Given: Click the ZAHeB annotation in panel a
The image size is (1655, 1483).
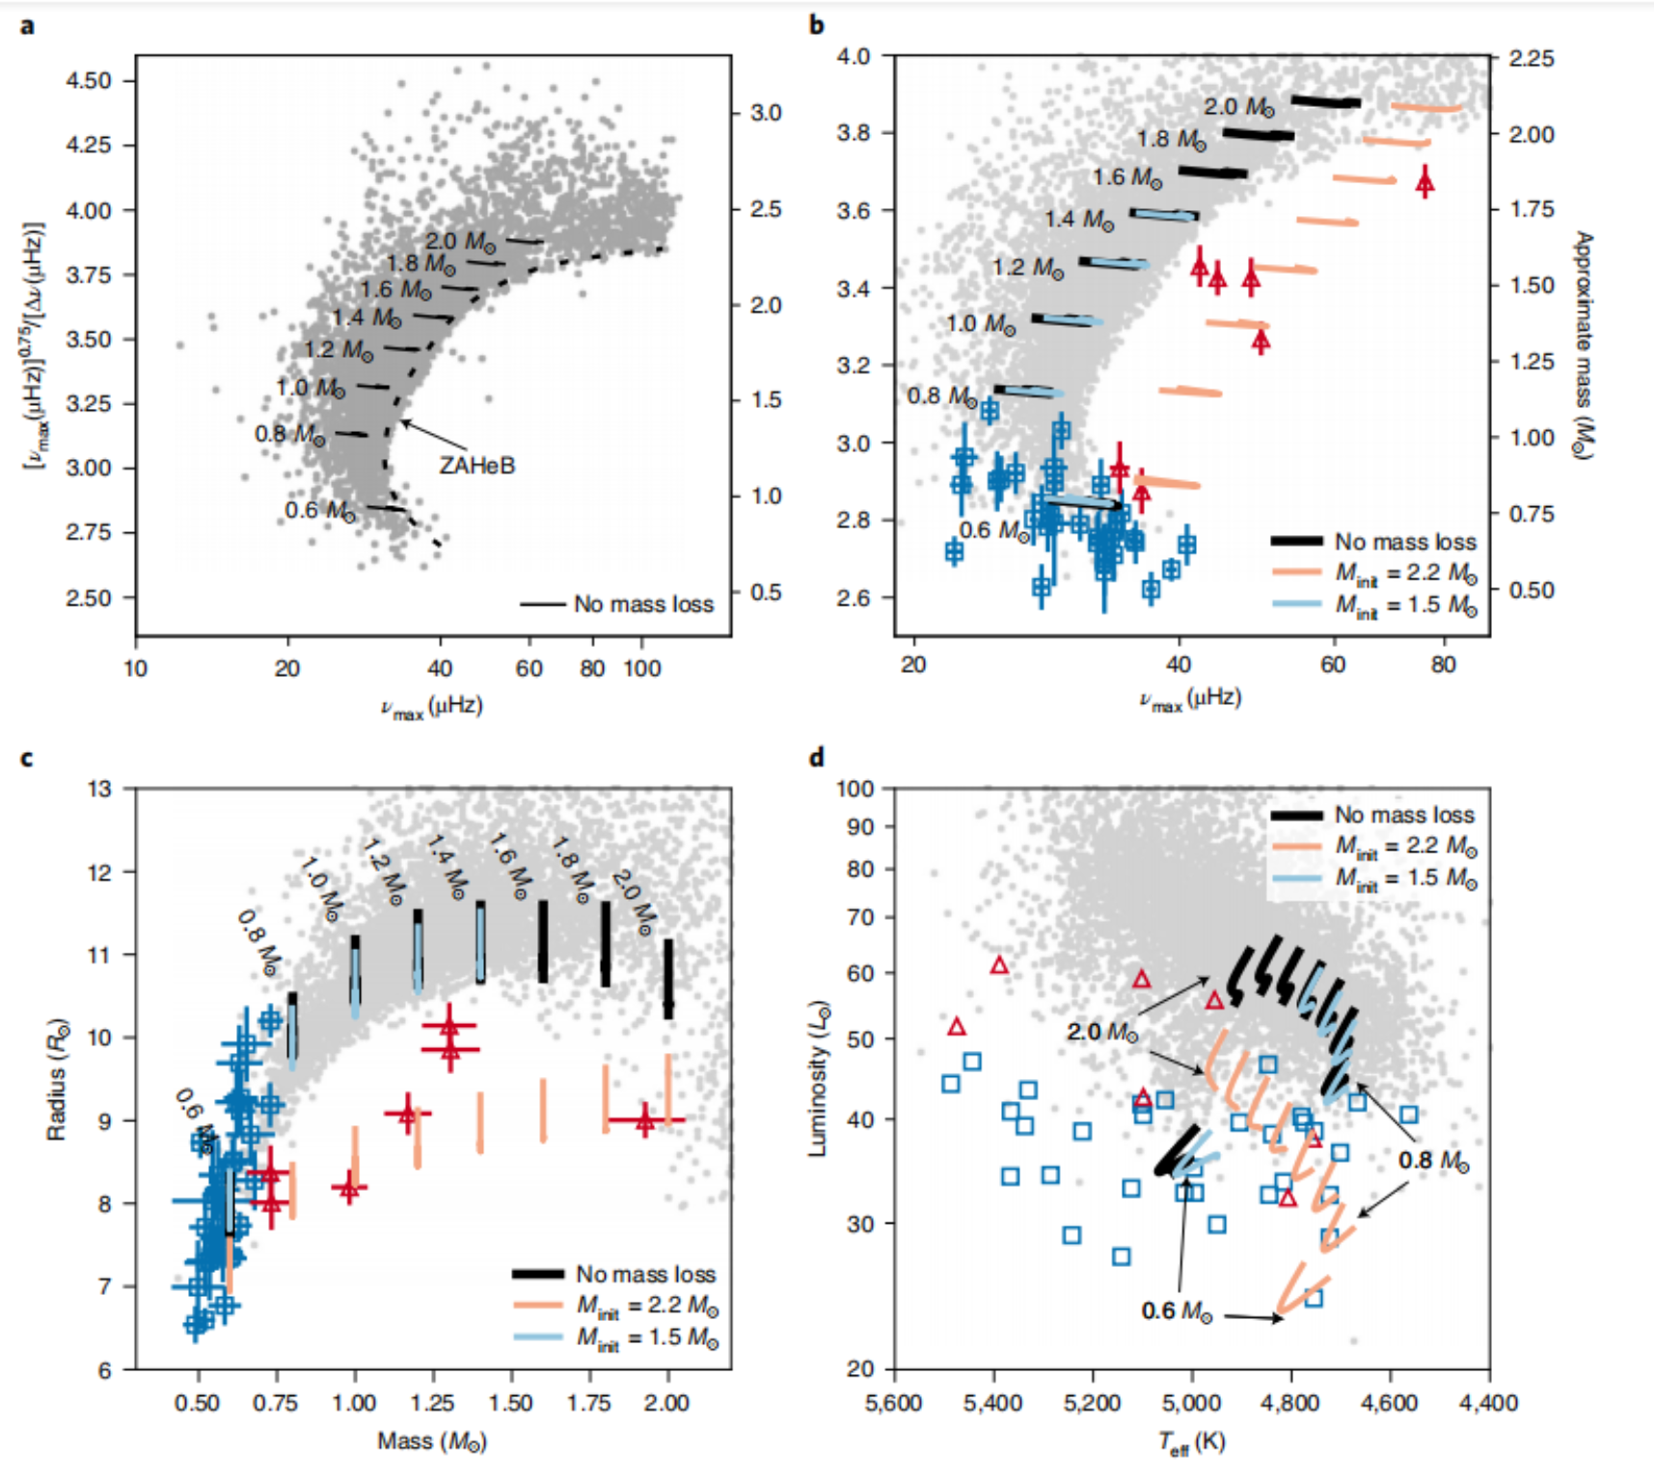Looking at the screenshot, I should pos(477,466).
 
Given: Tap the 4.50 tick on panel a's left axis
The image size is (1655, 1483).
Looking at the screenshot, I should pos(88,80).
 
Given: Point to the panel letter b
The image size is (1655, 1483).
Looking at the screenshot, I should pos(817,25).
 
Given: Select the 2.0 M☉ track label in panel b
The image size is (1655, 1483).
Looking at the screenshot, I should pos(1238,107).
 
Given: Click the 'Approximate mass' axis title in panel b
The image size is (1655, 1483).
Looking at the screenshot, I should pos(1582,344).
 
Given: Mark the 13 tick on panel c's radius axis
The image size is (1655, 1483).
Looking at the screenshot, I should pos(99,789).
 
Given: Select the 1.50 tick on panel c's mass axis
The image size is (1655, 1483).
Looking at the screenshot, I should pos(510,1403).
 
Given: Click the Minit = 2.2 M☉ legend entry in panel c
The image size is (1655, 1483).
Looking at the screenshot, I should pos(647,1306).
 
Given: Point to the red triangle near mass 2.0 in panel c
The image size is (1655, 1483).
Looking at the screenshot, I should pos(645,1120).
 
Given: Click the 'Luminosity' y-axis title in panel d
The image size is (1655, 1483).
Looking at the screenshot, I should pos(818,1077).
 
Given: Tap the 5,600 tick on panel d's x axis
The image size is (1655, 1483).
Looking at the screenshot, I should pos(894,1403).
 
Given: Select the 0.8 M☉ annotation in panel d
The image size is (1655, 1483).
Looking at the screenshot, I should pos(1434,1161).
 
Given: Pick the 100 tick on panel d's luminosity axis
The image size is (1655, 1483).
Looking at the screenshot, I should pos(855,789).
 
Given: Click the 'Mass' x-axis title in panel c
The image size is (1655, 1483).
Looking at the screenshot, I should pos(432,1442).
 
